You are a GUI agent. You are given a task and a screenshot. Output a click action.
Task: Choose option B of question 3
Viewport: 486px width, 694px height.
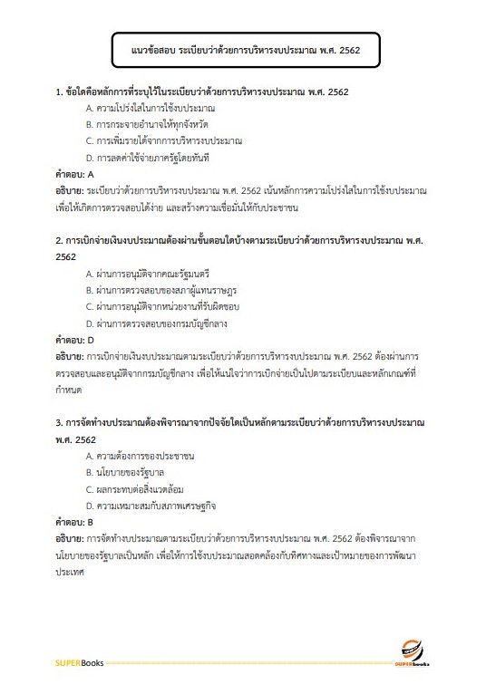125,472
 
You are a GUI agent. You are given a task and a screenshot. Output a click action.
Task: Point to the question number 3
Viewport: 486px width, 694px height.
58,423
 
